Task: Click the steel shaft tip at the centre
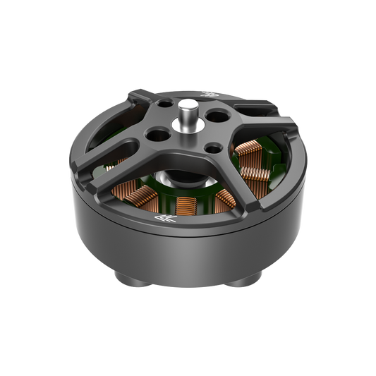tap(188, 105)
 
